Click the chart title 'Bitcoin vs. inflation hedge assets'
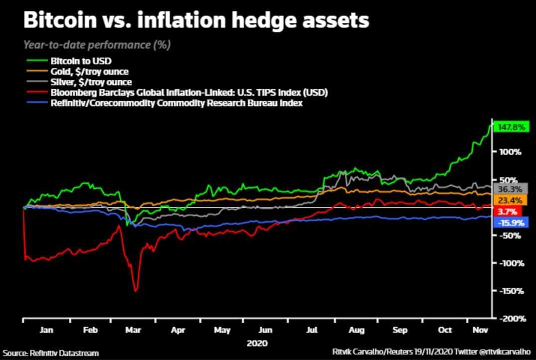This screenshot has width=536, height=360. [196, 21]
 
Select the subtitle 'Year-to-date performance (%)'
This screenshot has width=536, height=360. [97, 45]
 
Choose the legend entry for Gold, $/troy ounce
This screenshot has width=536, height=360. [90, 72]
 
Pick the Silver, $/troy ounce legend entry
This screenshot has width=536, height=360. [91, 82]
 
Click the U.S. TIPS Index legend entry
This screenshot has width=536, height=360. [188, 93]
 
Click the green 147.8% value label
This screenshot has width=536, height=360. [511, 127]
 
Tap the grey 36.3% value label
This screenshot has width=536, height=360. [510, 189]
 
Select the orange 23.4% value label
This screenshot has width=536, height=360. [510, 200]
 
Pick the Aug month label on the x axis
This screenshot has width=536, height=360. [356, 330]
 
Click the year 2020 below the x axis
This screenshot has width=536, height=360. [257, 344]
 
